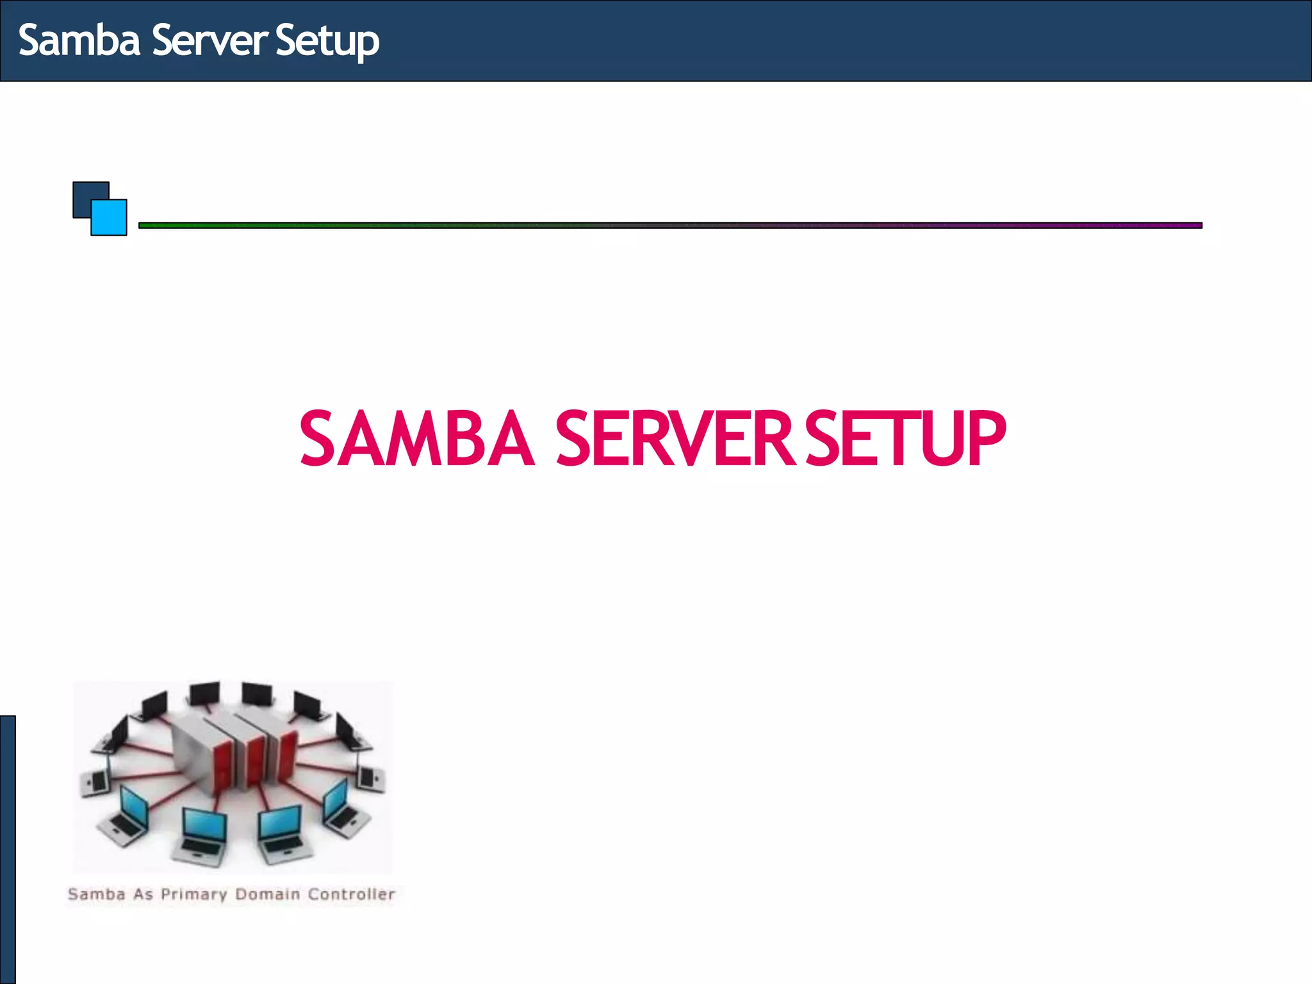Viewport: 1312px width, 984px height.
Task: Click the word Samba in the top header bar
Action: point(79,40)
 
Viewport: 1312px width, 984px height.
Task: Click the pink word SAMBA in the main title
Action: point(416,439)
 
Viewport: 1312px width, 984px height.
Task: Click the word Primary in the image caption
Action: point(193,894)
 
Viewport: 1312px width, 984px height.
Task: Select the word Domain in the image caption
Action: point(267,894)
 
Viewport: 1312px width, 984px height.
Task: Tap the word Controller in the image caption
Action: point(351,894)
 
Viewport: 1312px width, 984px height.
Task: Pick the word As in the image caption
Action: point(143,894)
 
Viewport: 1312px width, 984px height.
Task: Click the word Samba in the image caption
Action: point(96,894)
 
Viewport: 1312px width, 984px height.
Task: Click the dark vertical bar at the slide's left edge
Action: point(7,849)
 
